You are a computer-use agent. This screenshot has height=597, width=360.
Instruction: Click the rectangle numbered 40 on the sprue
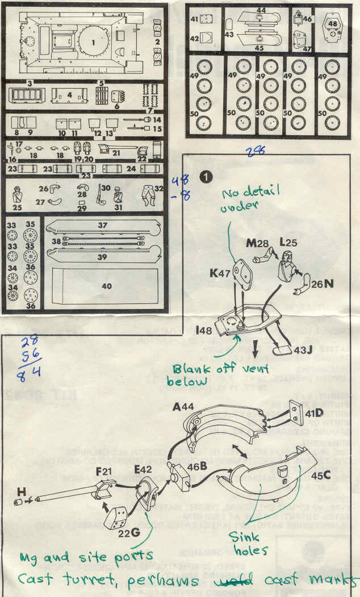tap(106, 286)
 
